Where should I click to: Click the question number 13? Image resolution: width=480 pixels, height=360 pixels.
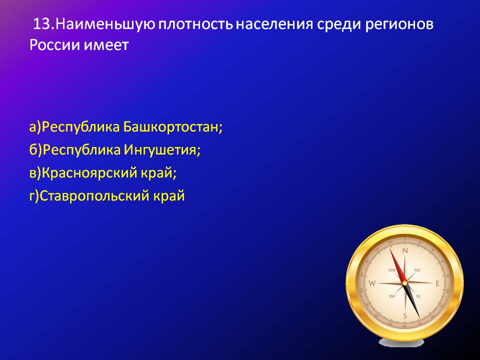click(x=43, y=24)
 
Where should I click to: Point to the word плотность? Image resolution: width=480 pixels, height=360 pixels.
click(x=195, y=24)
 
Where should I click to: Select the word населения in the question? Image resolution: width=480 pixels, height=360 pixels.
click(x=274, y=24)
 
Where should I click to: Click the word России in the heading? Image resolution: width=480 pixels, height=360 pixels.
click(x=54, y=45)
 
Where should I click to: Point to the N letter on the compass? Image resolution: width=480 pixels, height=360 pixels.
click(x=405, y=251)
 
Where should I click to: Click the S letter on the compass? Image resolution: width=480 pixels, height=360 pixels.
click(x=405, y=316)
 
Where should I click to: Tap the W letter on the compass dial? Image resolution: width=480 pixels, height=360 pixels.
click(x=372, y=283)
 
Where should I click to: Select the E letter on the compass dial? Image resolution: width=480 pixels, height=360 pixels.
click(x=437, y=284)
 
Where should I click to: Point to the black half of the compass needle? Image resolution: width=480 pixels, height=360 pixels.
click(x=412, y=300)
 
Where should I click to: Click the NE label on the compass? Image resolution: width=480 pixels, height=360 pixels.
click(x=417, y=270)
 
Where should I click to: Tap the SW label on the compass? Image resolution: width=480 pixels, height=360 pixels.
click(x=392, y=296)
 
